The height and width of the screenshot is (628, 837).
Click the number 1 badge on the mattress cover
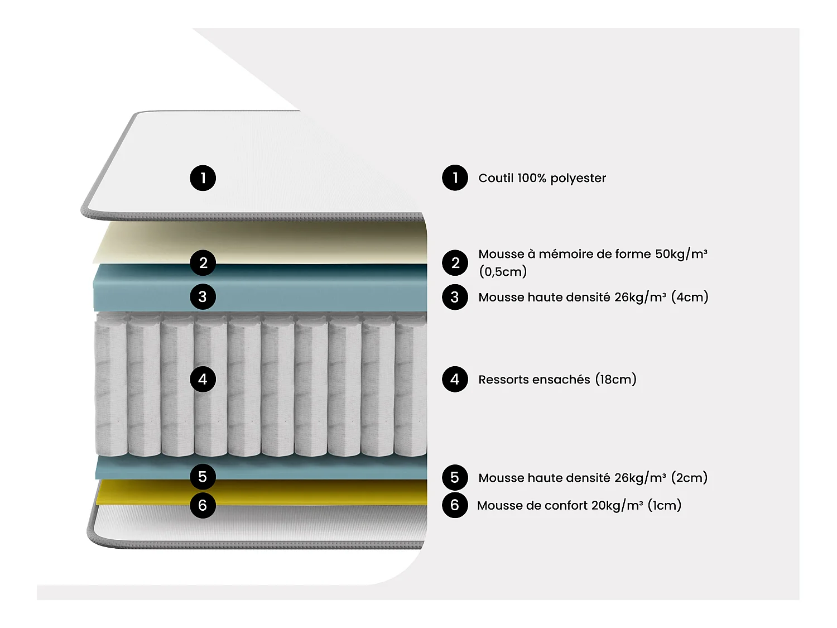[x=203, y=178]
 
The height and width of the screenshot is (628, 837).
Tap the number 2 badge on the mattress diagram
[x=203, y=263]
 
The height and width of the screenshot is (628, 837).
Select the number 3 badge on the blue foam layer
[x=203, y=297]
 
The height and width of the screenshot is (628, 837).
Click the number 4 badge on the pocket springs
[x=203, y=380]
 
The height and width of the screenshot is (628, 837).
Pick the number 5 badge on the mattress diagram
[x=203, y=477]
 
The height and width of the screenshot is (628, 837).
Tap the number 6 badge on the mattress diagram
[x=203, y=505]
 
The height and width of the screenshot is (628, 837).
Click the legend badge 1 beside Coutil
[x=455, y=178]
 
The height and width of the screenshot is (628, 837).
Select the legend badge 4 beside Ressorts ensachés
[x=455, y=380]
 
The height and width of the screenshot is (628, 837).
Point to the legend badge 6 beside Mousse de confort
[x=455, y=505]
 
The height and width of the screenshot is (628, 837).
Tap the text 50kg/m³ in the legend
[x=681, y=254]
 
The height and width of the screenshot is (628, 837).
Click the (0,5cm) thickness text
[x=502, y=272]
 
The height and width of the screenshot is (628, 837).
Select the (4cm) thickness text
[x=690, y=297]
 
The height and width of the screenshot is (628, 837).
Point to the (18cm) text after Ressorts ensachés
[x=615, y=380]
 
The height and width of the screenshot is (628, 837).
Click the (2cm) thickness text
[x=689, y=478]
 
